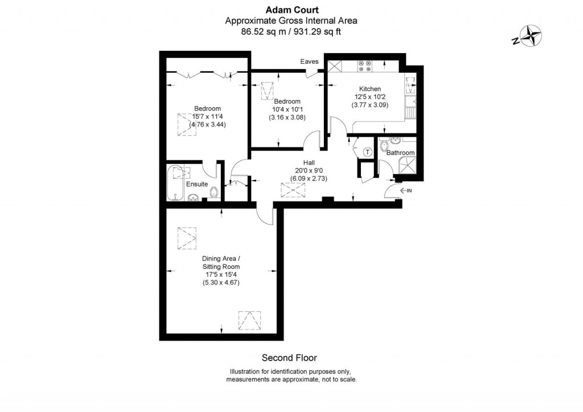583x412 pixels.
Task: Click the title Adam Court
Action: (292, 10)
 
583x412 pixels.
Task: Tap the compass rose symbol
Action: (531, 36)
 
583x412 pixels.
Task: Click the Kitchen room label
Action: (370, 89)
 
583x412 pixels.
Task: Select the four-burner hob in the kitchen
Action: (365, 66)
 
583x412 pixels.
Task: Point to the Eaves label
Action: (309, 62)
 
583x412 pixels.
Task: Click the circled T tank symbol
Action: (368, 152)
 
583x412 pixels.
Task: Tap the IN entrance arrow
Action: (405, 190)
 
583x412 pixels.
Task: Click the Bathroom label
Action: (400, 153)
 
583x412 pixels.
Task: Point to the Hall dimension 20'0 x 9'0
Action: (309, 170)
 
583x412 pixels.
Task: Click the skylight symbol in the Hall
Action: (293, 190)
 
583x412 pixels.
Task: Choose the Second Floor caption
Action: (289, 358)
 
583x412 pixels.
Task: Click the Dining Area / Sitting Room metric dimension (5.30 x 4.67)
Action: (221, 283)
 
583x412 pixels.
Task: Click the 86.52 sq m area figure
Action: (264, 32)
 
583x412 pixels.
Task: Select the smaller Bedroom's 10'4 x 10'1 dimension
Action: (287, 109)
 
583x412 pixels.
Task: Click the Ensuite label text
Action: (197, 184)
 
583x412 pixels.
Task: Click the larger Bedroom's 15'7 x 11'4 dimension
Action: (207, 116)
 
